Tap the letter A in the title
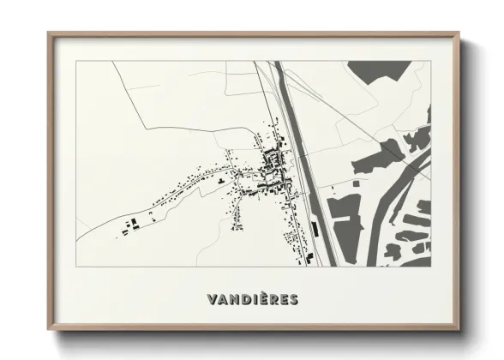222,300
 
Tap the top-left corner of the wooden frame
50,35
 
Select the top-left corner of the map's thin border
76,61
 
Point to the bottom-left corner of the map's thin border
76,267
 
